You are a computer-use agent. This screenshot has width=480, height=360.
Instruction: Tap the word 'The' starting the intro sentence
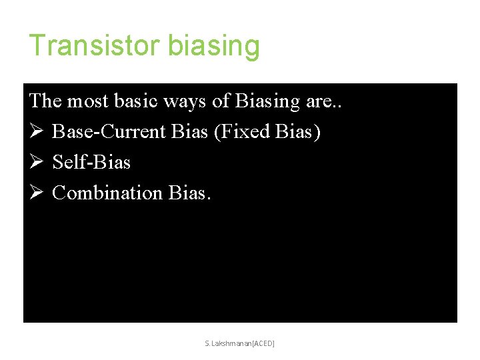pyautogui.click(x=45, y=101)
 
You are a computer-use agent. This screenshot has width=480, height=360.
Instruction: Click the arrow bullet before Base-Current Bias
pyautogui.click(x=36, y=132)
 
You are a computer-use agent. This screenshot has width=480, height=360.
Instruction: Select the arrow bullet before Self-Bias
pyautogui.click(x=36, y=163)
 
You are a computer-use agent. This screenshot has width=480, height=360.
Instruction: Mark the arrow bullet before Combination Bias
pyautogui.click(x=36, y=193)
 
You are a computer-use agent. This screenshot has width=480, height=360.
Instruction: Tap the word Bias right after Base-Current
pyautogui.click(x=189, y=132)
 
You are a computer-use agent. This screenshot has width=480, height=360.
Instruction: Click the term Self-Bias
pyautogui.click(x=91, y=163)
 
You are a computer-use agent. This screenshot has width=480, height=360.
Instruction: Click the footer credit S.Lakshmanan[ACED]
pyautogui.click(x=240, y=343)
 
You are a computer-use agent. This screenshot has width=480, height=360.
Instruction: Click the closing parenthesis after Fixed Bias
pyautogui.click(x=318, y=132)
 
